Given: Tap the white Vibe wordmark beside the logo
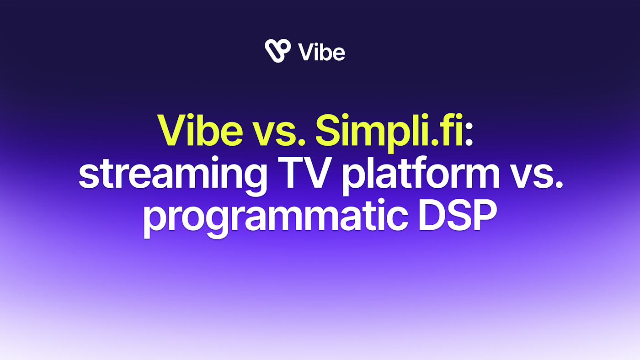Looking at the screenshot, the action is coord(321,53).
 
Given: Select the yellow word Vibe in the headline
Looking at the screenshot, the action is coord(200,130).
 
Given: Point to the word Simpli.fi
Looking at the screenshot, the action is coord(389,133).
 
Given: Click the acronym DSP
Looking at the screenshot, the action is coord(458,214).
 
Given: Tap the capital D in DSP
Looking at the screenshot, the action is coord(432,214).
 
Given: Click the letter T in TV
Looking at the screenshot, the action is coord(291,172).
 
